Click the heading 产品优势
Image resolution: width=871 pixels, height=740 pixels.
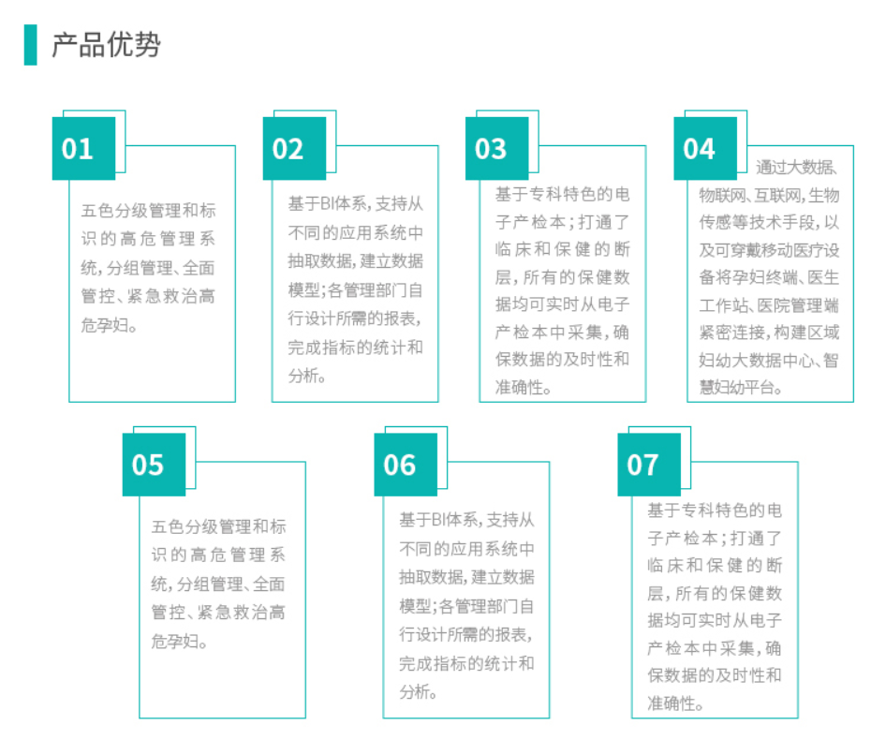[106, 45]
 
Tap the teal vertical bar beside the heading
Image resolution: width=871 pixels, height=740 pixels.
[31, 45]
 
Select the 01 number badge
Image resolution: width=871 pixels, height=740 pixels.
[84, 148]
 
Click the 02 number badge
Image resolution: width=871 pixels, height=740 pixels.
[294, 148]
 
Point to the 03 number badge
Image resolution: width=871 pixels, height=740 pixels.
[497, 148]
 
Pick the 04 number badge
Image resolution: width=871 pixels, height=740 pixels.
[705, 148]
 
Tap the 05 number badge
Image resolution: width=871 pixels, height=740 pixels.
[154, 465]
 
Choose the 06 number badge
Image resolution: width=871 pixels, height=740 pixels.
[406, 465]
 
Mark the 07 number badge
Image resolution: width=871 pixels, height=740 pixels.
[649, 465]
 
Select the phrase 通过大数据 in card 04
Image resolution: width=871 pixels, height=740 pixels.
[794, 168]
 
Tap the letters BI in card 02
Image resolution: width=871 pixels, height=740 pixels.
[328, 204]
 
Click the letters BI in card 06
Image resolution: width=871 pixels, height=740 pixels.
[439, 520]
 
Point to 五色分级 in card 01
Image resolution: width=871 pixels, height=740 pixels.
[114, 211]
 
